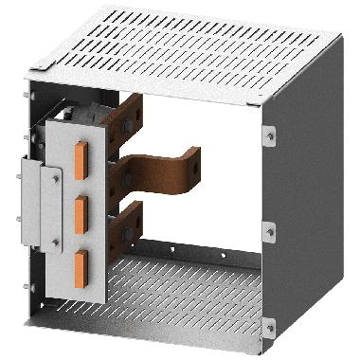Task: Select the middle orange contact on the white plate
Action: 81,208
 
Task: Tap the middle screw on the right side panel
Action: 271,229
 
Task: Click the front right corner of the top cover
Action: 253,100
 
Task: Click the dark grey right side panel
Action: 303,218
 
